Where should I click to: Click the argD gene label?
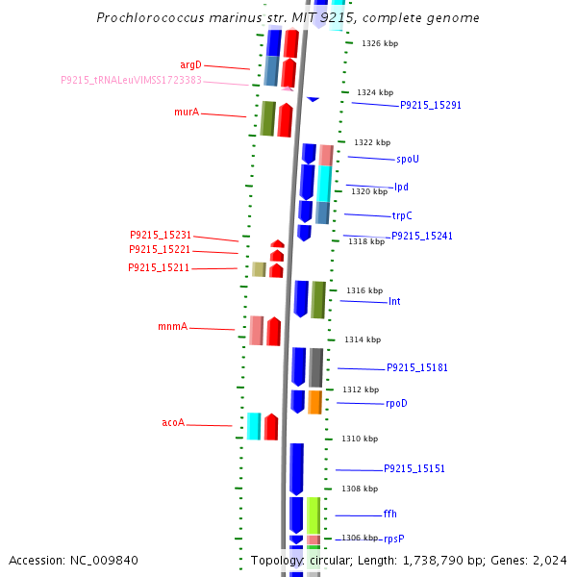[x=190, y=65]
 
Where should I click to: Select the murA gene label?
[x=187, y=113]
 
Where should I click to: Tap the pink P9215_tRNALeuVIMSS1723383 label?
[x=131, y=81]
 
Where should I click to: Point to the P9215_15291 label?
[x=431, y=105]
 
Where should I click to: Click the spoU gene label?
[x=407, y=159]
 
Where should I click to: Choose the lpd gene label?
[x=401, y=187]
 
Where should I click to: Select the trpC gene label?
[x=402, y=215]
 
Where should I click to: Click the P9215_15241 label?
[x=421, y=236]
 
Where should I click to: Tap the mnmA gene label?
[x=173, y=327]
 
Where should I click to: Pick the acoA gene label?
[x=173, y=422]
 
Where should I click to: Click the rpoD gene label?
[x=396, y=403]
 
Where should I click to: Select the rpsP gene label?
[x=394, y=539]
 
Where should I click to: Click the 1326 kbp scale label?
[x=379, y=43]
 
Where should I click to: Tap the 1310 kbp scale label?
[x=359, y=439]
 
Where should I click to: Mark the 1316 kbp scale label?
[x=364, y=290]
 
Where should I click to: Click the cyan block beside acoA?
[x=254, y=426]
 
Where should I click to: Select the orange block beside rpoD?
[x=314, y=402]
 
